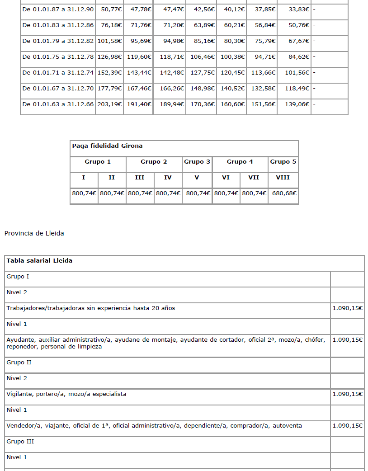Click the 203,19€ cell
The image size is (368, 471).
(x=109, y=104)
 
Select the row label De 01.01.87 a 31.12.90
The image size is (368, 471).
(x=58, y=9)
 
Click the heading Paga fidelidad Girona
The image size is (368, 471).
(x=107, y=146)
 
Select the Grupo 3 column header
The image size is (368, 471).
(x=197, y=161)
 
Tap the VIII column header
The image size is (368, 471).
(x=283, y=177)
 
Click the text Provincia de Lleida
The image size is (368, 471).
(x=34, y=233)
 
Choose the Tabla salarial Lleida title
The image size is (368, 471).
(x=39, y=261)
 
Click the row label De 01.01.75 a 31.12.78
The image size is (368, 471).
(x=58, y=57)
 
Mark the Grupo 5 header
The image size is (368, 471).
(x=283, y=161)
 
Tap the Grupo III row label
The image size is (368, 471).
(x=20, y=441)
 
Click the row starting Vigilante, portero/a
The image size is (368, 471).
(x=66, y=394)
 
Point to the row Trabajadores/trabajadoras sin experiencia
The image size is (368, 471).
(x=90, y=308)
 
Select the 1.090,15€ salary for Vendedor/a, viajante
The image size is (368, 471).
(x=347, y=425)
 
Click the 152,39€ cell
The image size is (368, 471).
(x=109, y=72)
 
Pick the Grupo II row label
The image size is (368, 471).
(x=19, y=362)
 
